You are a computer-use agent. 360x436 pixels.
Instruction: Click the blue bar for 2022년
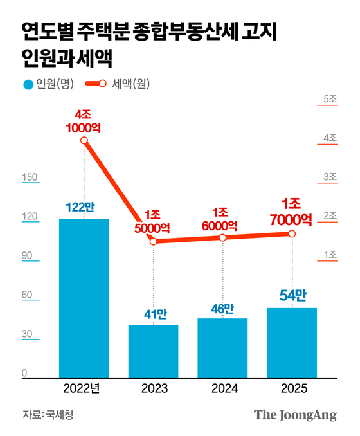coord(84,298)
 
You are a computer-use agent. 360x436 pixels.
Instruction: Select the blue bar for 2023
coord(154,351)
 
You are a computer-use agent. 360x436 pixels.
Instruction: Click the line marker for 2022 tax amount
coord(84,141)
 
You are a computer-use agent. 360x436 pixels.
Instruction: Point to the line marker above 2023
coord(154,241)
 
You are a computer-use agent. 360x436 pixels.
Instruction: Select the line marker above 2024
coord(223,237)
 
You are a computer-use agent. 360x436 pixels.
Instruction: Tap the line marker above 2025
coord(292,233)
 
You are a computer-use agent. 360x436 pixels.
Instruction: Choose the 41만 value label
coord(153,314)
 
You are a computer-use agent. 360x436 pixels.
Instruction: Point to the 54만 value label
coord(292,295)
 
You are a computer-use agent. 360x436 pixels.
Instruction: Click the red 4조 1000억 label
coord(84,121)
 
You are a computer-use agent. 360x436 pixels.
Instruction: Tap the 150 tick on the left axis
coord(30,177)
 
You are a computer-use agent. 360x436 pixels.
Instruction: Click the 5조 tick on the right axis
coord(330,98)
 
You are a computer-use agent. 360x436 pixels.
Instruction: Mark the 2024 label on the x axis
coord(223,388)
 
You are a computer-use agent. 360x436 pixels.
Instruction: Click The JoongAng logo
coord(295,415)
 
